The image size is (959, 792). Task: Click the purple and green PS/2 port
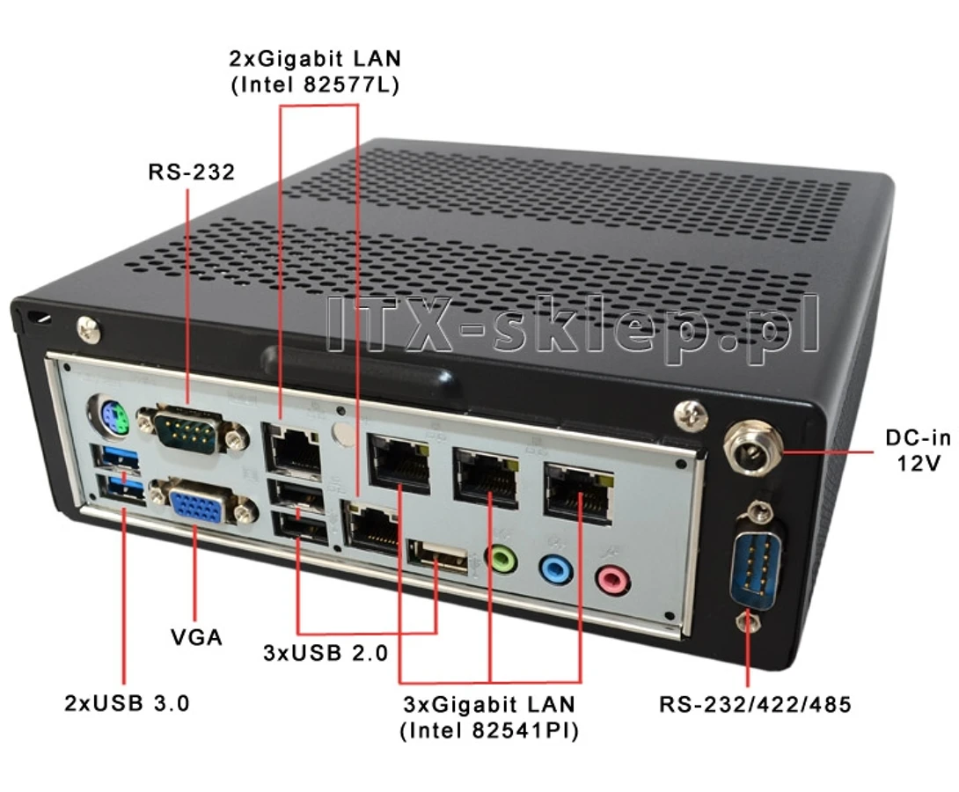tap(109, 417)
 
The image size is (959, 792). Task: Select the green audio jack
tap(501, 559)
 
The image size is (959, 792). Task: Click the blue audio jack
tap(556, 569)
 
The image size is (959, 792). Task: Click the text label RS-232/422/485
tap(756, 705)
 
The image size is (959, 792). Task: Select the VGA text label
tap(196, 637)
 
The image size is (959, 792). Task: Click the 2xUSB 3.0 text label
tap(128, 703)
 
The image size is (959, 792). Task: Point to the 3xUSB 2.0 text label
tap(326, 653)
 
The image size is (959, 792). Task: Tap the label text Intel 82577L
tap(315, 84)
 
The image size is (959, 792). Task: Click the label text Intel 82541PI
tap(489, 730)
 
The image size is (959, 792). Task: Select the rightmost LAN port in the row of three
tap(578, 493)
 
